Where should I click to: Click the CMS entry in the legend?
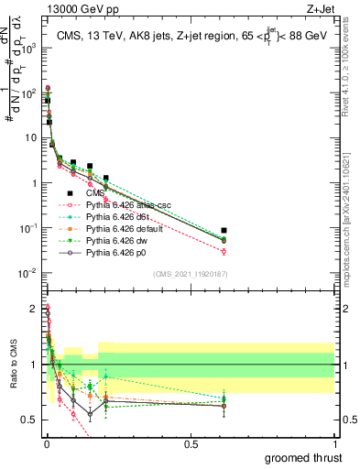[95, 193]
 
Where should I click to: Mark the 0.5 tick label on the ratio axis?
[28, 420]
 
